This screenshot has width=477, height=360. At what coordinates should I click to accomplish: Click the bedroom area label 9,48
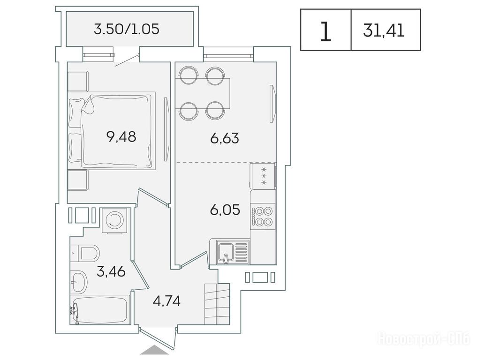tap(121, 137)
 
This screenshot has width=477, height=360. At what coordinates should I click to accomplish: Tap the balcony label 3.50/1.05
tap(127, 29)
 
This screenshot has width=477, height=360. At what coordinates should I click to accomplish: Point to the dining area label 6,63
tap(225, 138)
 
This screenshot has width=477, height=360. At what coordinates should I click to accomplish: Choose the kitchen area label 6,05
tap(225, 210)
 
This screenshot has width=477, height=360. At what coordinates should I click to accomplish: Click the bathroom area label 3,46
tap(111, 271)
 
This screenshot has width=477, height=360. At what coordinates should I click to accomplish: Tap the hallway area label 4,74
tap(167, 301)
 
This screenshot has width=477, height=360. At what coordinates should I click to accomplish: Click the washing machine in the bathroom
tap(114, 221)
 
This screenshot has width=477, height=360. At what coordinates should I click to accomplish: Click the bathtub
tap(100, 310)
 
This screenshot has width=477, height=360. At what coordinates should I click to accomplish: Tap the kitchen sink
tap(233, 251)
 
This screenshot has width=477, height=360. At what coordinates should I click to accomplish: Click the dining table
tap(202, 93)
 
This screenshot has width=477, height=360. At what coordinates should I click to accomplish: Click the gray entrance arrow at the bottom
tap(154, 350)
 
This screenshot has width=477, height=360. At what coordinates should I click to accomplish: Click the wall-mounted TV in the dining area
tap(273, 104)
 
